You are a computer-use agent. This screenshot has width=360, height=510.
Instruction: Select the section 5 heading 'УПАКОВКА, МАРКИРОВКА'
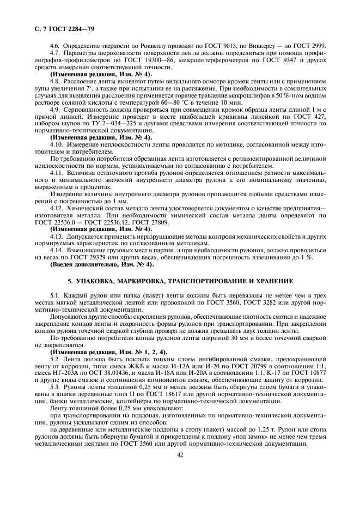[180, 282]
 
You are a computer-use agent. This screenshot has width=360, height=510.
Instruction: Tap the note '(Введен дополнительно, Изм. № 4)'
[102, 265]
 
